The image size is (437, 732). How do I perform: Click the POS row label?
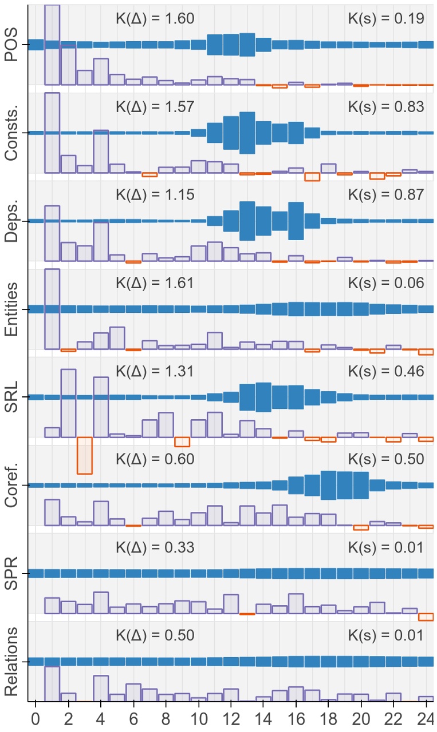[x=11, y=45]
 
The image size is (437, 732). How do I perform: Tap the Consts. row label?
[x=11, y=133]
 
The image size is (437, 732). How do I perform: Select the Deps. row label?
[x=11, y=221]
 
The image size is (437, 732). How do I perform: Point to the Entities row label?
[x=11, y=309]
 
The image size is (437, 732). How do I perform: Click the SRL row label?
[x=11, y=397]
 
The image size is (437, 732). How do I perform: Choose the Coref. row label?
[x=11, y=485]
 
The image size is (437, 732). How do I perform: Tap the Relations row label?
[x=11, y=661]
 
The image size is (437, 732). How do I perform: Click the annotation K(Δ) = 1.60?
[x=155, y=18]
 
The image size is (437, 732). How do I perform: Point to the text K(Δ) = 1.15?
[x=155, y=194]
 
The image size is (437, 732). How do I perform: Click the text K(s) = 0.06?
[x=386, y=283]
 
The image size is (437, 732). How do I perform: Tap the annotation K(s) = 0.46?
[x=386, y=371]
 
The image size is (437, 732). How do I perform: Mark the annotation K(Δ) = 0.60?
[x=155, y=459]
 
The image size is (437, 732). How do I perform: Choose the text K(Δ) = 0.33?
[x=155, y=547]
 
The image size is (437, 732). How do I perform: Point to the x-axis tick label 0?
[x=36, y=718]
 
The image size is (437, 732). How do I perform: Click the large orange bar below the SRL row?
[x=85, y=455]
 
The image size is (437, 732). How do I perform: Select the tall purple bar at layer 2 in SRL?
[x=68, y=403]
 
